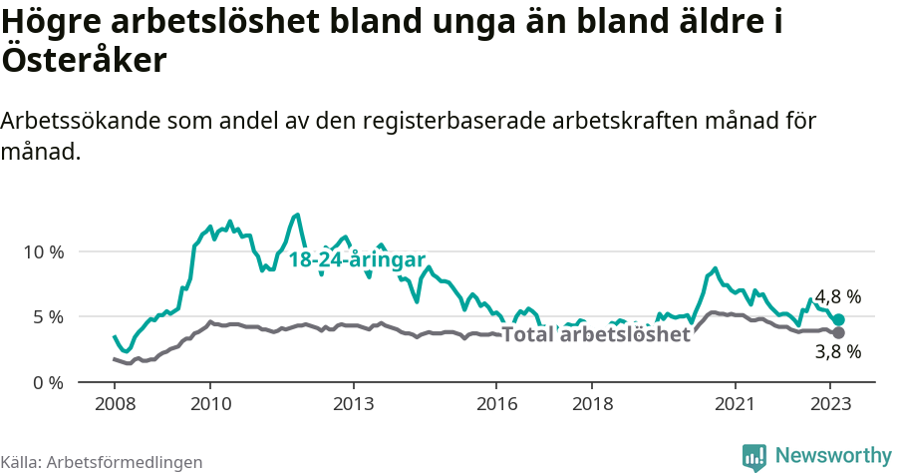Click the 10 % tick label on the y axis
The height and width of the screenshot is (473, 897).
pyautogui.click(x=43, y=251)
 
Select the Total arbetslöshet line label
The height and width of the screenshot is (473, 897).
pyautogui.click(x=596, y=334)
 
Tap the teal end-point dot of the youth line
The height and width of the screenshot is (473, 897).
pyautogui.click(x=838, y=319)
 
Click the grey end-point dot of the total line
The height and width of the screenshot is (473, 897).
pyautogui.click(x=838, y=332)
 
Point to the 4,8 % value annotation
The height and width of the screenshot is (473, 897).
pyautogui.click(x=838, y=296)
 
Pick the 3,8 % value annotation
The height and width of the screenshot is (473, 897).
pyautogui.click(x=838, y=351)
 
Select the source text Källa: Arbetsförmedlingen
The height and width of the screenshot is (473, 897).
pyautogui.click(x=102, y=462)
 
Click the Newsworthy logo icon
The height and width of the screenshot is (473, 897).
pyautogui.click(x=754, y=456)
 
